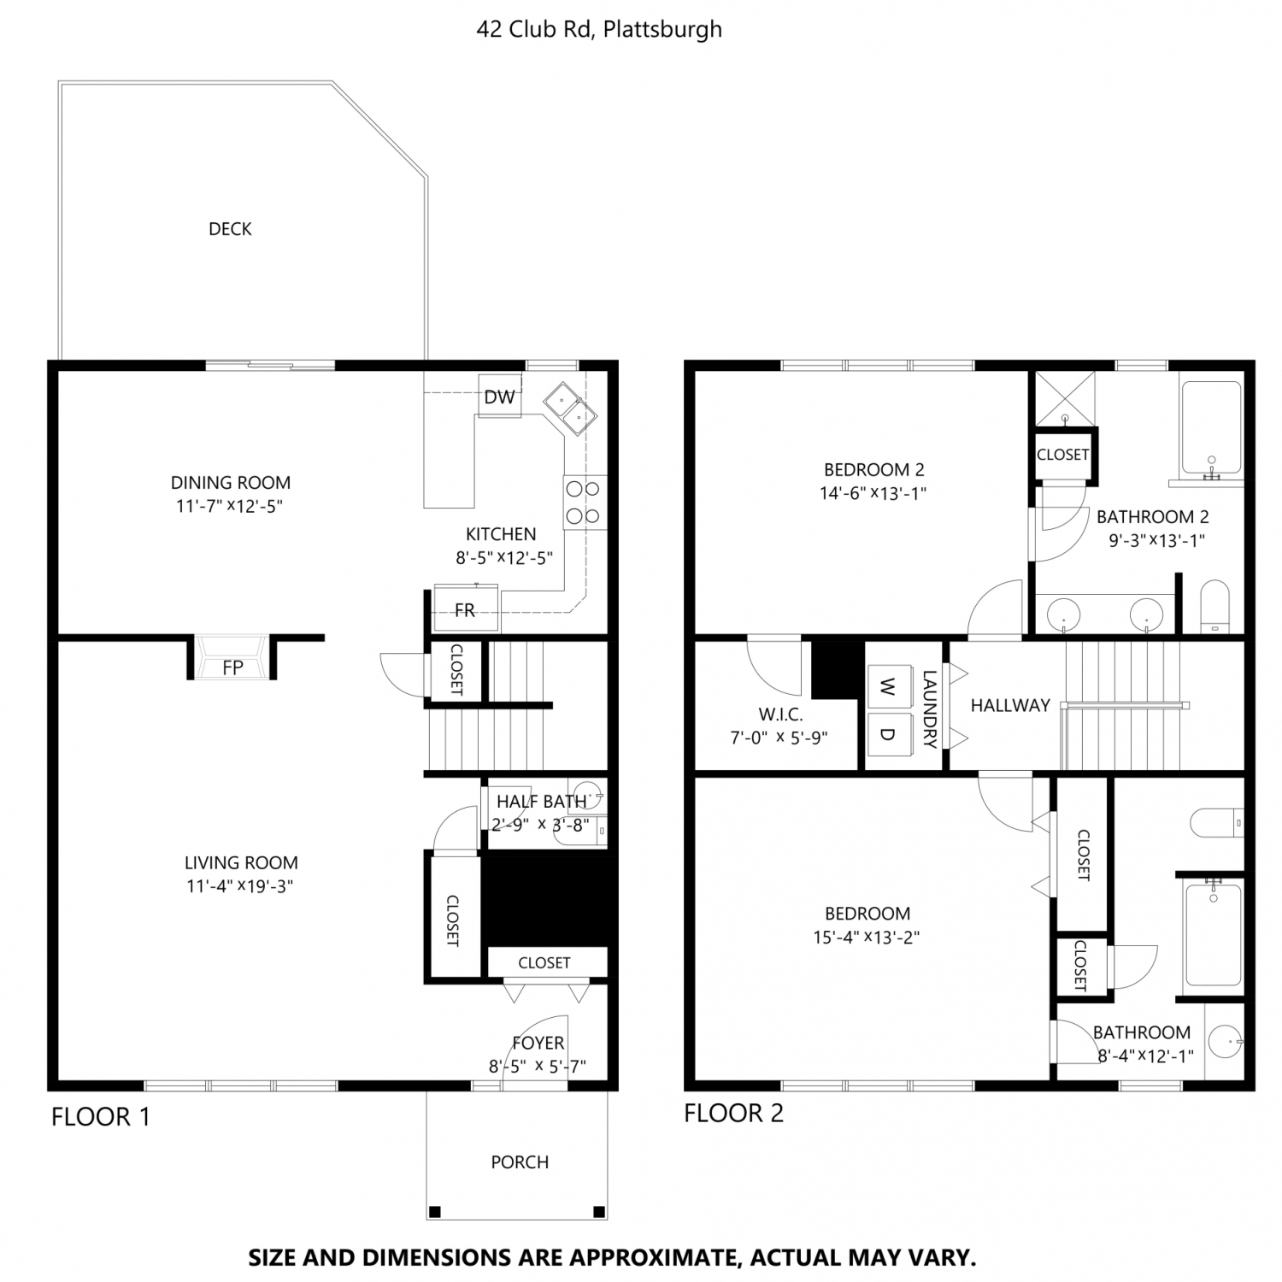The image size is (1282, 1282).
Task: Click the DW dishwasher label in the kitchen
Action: click(500, 397)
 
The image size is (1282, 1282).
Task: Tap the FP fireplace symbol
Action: click(232, 658)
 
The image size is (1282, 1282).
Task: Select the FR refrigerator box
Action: click(466, 608)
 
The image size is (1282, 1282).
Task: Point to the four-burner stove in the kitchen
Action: click(585, 503)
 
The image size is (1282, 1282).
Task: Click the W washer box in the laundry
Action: click(887, 686)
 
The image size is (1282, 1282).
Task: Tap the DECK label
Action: click(230, 229)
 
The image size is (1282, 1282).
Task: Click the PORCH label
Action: click(520, 1162)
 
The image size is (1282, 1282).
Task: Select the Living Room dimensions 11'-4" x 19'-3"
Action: click(240, 886)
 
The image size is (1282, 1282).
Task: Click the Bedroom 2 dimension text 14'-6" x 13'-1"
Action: click(873, 493)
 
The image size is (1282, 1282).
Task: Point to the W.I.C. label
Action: click(780, 715)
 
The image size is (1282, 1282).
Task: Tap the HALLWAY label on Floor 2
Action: click(1010, 705)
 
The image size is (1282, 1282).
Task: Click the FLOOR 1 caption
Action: click(101, 1117)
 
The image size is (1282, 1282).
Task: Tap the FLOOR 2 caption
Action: click(733, 1113)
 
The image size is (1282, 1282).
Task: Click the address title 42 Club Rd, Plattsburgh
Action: click(599, 29)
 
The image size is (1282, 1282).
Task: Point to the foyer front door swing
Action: click(535, 1049)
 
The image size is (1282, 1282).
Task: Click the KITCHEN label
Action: click(501, 534)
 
